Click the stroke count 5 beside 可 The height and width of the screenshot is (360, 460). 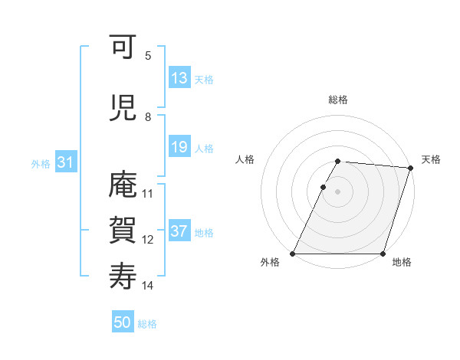pos(148,56)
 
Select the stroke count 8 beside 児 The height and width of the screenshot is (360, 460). pos(148,117)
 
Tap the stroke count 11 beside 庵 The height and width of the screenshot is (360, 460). pos(148,194)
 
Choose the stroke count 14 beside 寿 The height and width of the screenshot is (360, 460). pos(148,286)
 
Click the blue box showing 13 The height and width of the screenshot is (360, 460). pos(179,79)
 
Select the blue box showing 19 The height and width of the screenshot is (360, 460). pos(179,148)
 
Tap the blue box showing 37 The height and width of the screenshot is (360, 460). pos(179,232)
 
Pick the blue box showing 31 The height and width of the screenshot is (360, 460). pos(64,163)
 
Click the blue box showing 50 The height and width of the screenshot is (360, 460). pos(123,323)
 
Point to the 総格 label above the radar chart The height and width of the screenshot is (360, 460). pos(337,100)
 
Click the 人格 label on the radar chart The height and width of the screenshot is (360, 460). pos(245,159)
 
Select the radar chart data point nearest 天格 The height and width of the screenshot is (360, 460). pos(411,168)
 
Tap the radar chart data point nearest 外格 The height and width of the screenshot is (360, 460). pos(293,254)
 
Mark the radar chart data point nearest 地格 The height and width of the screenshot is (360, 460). pos(383,254)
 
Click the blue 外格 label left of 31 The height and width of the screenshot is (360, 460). pos(40,164)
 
